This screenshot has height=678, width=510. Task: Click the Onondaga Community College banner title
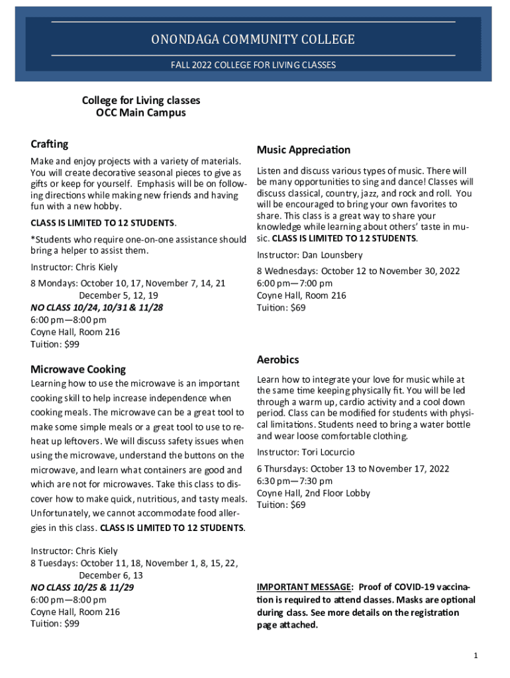[253, 40]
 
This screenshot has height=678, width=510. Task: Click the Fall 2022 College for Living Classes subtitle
[253, 65]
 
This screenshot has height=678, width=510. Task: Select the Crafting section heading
[50, 144]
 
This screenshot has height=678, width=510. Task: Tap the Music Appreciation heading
[303, 150]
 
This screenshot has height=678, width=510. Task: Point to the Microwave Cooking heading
[78, 369]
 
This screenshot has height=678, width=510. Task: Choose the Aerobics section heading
[278, 360]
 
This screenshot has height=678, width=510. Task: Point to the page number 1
[476, 655]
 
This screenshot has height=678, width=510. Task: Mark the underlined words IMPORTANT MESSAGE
[304, 587]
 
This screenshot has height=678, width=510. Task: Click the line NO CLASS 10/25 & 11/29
[82, 587]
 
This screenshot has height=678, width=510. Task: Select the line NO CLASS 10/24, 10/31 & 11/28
[97, 307]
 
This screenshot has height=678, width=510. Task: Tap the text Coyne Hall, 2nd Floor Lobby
[313, 493]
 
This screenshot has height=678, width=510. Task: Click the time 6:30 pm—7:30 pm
[295, 481]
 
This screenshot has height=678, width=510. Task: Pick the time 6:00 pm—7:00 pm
[295, 283]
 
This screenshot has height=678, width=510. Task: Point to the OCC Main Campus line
[141, 113]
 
